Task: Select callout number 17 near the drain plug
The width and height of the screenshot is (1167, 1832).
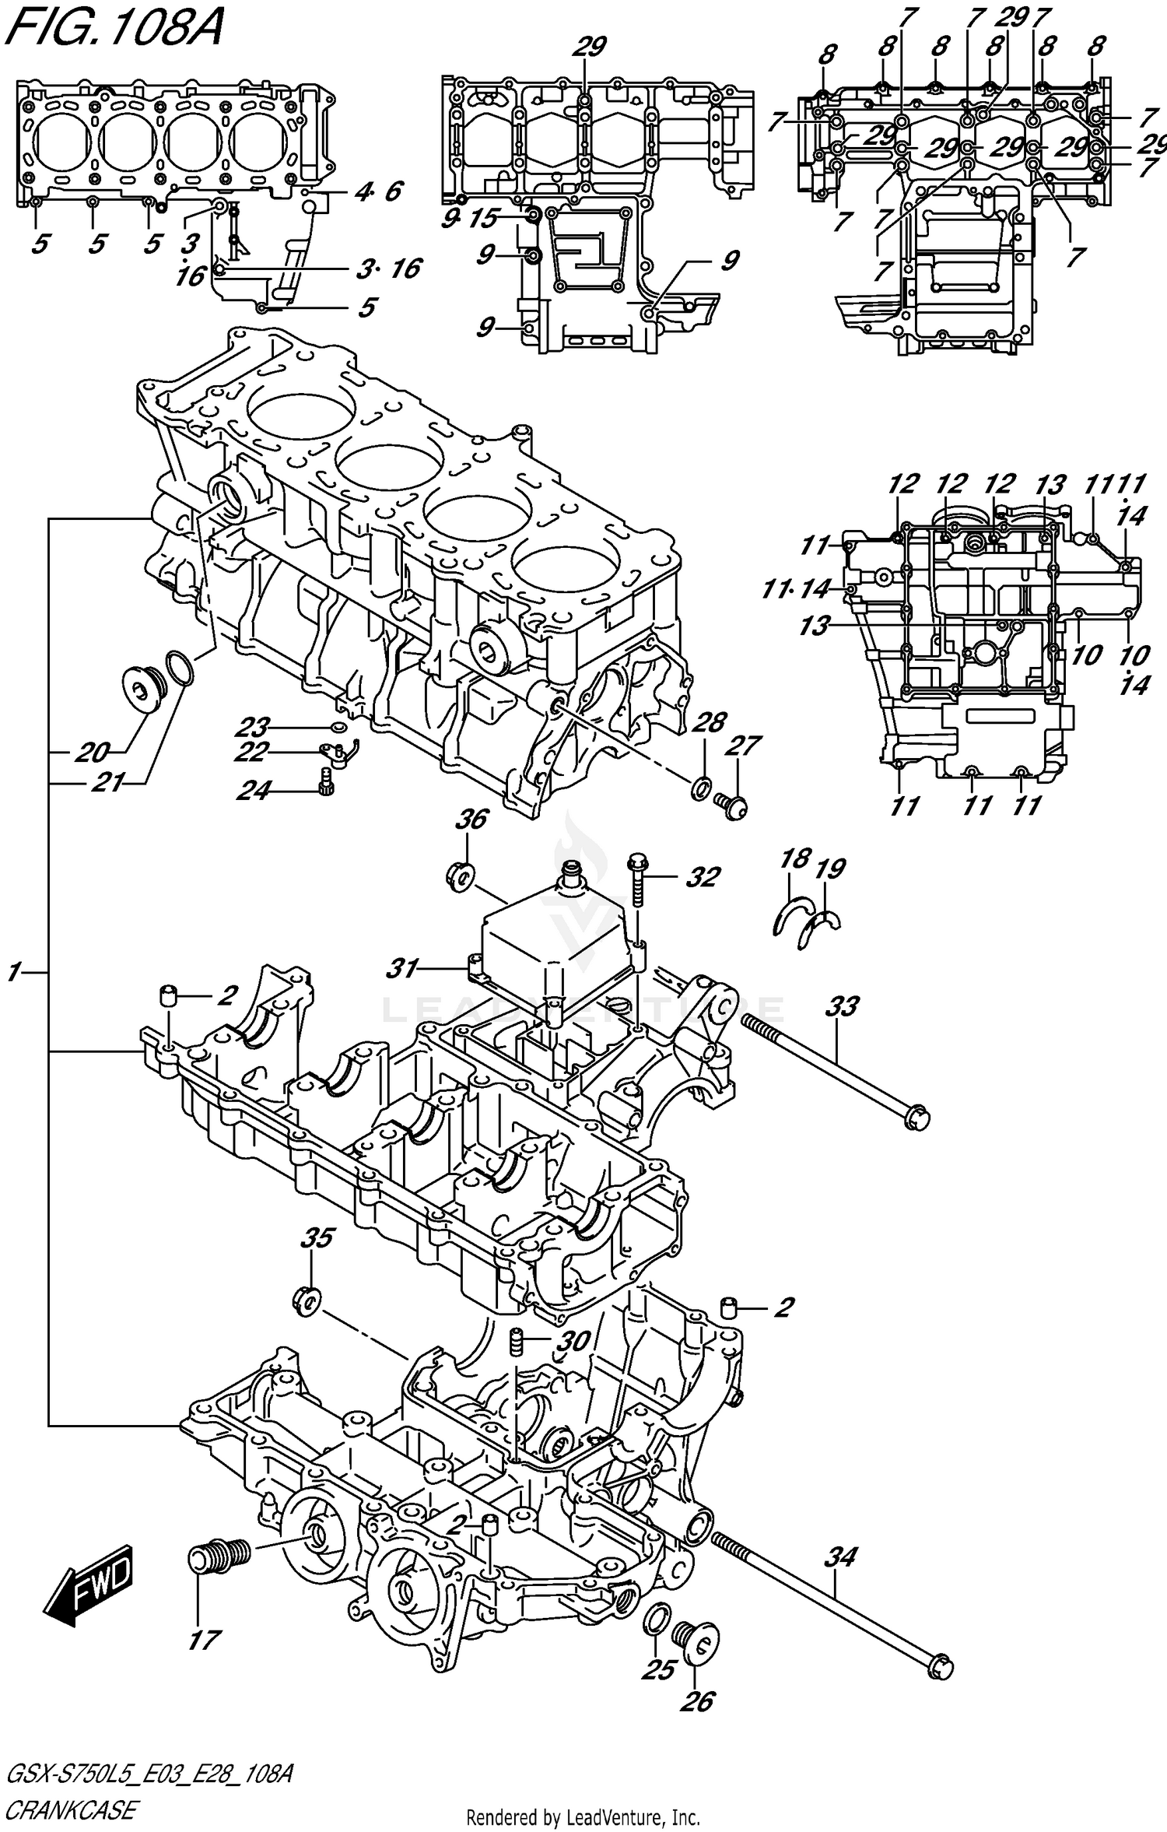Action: coord(203,1640)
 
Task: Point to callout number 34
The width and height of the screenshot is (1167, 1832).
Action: coord(840,1556)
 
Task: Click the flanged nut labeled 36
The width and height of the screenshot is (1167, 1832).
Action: coord(461,875)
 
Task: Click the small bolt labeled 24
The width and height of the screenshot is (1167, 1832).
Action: coord(326,781)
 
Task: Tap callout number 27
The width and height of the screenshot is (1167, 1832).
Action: coord(743,745)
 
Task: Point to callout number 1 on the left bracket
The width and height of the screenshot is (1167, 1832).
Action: coord(14,972)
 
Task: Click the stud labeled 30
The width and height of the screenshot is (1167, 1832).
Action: coord(516,1341)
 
